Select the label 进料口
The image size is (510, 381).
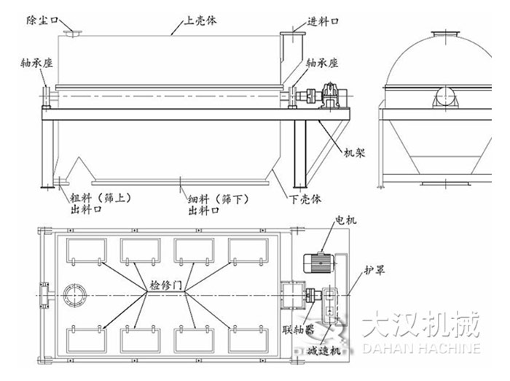point(323,21)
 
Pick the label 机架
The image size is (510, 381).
point(354,153)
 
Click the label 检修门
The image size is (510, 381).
point(165,285)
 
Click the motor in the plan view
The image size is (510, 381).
point(316,261)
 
